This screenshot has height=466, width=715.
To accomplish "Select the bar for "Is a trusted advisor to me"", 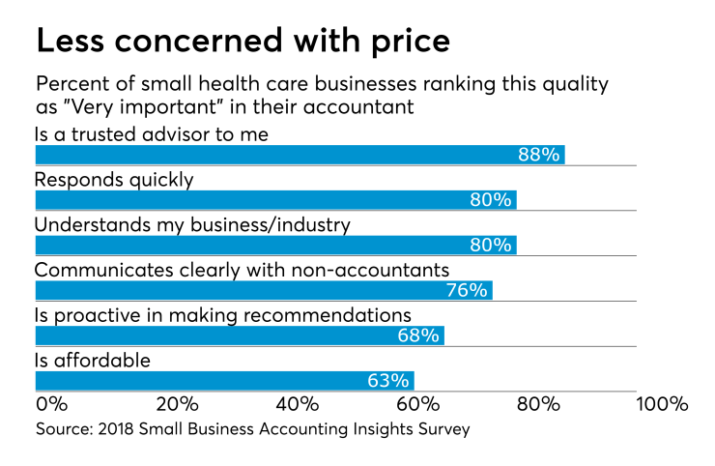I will point(300,156).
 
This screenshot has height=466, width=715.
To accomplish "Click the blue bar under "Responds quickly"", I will point(275,200).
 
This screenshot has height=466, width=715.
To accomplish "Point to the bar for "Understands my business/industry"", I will point(275,246).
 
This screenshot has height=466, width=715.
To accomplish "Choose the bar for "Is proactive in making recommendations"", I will point(240,335).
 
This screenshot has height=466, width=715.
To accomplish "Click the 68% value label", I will point(418,335).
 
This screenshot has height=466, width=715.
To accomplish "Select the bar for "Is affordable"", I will point(224,380).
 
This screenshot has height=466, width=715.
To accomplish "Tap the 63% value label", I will point(388,380).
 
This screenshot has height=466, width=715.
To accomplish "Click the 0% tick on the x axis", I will point(51,403).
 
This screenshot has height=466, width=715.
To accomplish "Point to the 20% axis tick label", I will point(178,403).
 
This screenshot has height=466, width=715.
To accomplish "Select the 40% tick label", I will point(299,403).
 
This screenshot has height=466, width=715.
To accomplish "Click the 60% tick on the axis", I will point(419,403).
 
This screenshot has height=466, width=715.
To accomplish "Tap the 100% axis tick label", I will point(660,403).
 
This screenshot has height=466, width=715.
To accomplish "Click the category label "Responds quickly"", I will point(114,179).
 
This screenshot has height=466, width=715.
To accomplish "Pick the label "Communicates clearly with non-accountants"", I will point(243,269).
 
